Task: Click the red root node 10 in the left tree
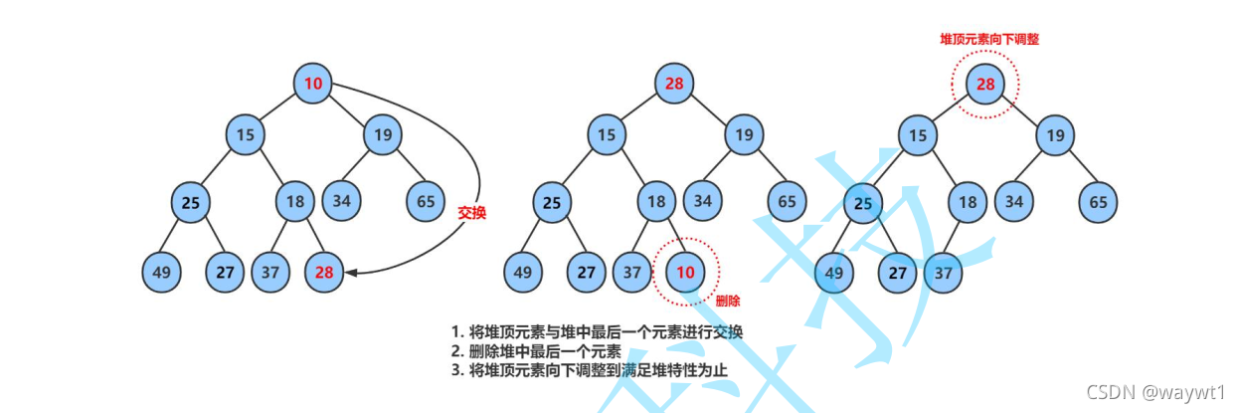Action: (313, 84)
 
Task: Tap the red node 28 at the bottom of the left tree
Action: (324, 272)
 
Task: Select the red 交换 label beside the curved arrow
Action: (472, 212)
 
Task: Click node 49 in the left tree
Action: (161, 272)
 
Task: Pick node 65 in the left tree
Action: (427, 202)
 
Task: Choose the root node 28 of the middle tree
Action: (674, 84)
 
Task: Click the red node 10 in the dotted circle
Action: (686, 272)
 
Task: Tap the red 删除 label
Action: (729, 300)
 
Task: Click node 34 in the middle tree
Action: (703, 202)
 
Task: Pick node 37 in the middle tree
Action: (633, 272)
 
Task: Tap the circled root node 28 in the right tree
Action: (985, 84)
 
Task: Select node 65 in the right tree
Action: (1099, 202)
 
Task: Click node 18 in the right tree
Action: (967, 202)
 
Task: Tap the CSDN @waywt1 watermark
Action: (1155, 392)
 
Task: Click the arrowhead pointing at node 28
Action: (350, 272)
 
